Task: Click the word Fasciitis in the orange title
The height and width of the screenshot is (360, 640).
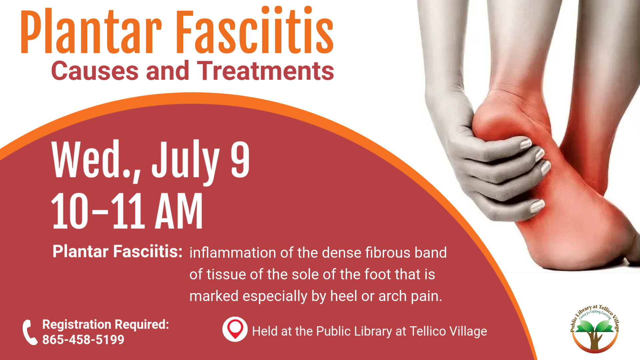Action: pos(255,30)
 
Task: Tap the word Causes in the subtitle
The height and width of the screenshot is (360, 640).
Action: pos(95,71)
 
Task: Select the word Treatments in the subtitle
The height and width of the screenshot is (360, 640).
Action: pos(265,71)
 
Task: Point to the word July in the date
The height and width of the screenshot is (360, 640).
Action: pos(185,162)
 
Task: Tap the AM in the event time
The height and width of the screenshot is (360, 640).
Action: pos(179,211)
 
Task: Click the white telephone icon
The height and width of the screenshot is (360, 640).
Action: pos(30,332)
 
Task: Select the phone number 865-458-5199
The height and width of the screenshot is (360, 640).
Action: pos(83,340)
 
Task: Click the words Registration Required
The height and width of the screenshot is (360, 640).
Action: pos(106,324)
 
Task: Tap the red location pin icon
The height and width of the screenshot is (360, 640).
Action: pos(235,329)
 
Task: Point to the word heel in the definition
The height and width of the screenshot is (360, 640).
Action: pos(344,296)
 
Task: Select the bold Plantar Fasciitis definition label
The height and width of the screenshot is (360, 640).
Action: pos(118,251)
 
